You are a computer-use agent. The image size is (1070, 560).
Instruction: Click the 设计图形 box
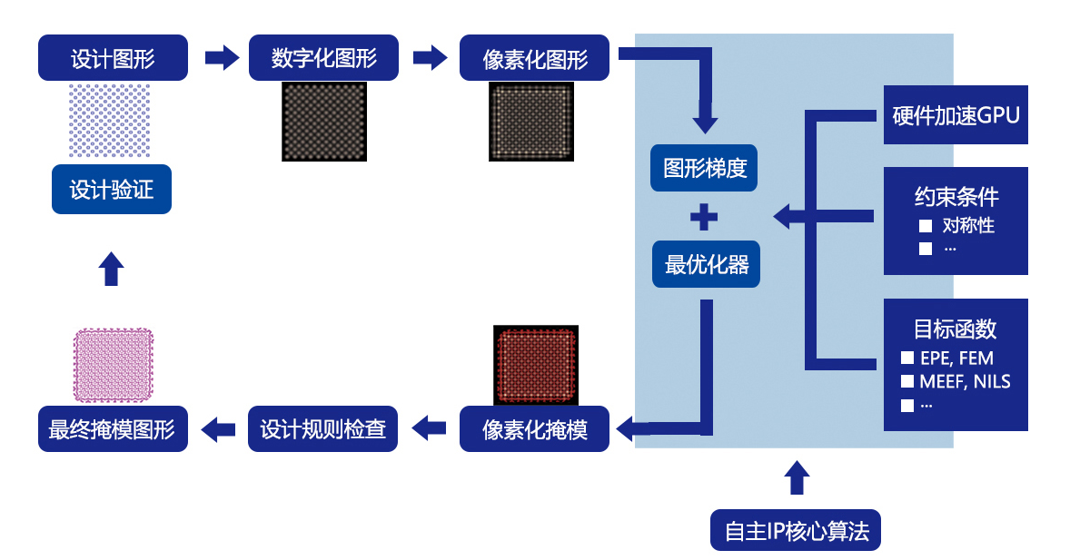click(113, 58)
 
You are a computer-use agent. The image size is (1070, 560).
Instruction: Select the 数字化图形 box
click(324, 58)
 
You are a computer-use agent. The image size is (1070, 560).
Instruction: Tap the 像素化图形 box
click(535, 58)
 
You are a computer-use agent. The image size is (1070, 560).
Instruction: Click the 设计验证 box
click(112, 190)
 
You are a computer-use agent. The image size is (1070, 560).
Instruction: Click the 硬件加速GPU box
click(956, 115)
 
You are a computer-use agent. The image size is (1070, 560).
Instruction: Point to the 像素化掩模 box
click(535, 428)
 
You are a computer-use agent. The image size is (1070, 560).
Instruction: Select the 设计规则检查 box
click(323, 428)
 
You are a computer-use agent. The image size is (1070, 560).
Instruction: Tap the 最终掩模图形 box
click(113, 428)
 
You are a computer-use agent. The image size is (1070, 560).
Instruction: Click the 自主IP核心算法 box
click(796, 530)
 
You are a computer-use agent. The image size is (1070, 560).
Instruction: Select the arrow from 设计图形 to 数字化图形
click(220, 58)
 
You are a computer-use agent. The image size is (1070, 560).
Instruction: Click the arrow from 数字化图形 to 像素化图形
click(430, 58)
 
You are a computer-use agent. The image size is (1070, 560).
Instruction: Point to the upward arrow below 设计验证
click(111, 269)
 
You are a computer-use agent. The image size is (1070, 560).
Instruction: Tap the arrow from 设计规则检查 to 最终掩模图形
click(218, 428)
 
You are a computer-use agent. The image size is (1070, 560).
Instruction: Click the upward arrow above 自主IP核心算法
click(797, 477)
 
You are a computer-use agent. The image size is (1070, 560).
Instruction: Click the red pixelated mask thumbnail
click(536, 365)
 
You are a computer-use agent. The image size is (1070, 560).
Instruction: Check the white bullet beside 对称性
click(925, 226)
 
